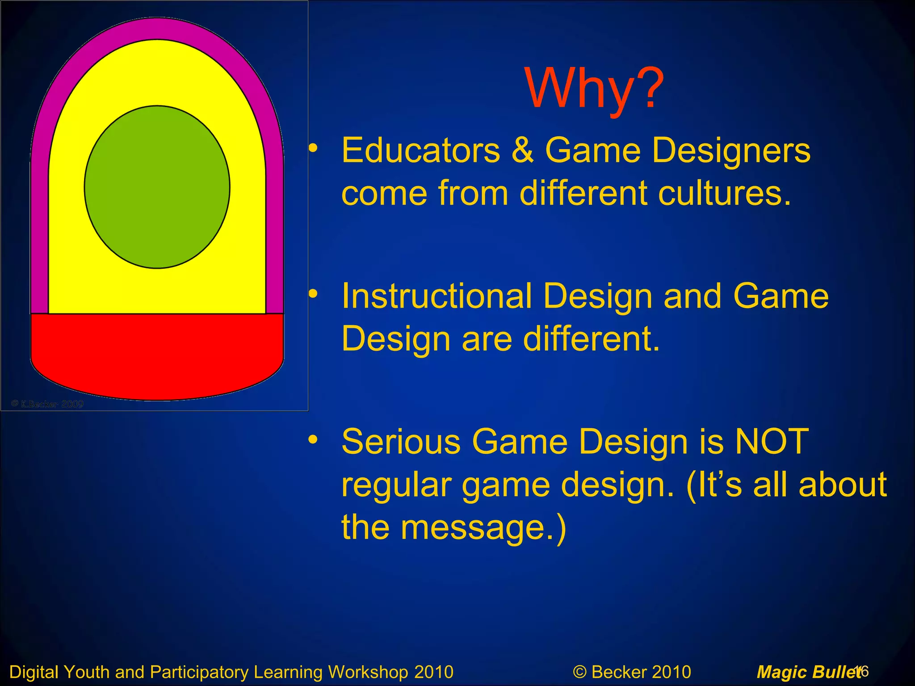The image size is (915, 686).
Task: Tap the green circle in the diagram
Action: point(157,187)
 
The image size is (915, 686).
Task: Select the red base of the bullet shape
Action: point(157,355)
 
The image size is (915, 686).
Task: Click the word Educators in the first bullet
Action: point(420,151)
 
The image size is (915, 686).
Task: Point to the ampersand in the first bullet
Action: point(522,151)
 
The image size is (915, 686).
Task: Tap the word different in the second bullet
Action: point(591,339)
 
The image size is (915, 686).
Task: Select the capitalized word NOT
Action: point(772,442)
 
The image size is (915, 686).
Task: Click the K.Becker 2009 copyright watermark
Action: point(47,404)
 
